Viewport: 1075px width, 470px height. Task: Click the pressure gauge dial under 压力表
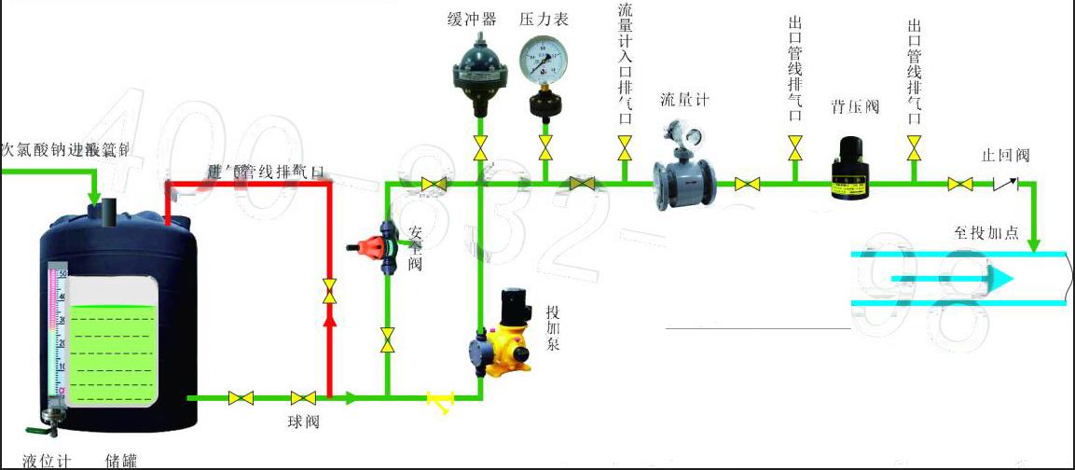click(x=544, y=58)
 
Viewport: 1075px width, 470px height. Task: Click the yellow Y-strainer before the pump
click(x=439, y=400)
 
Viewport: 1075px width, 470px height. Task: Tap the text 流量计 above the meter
click(x=684, y=100)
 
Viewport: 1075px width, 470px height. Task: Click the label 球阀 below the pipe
click(x=303, y=422)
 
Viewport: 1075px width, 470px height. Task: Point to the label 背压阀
click(x=855, y=106)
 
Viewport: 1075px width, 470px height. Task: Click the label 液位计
click(x=52, y=461)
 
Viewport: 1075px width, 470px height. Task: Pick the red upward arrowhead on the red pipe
click(x=329, y=318)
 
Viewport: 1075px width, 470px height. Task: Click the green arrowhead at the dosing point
click(x=1034, y=245)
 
